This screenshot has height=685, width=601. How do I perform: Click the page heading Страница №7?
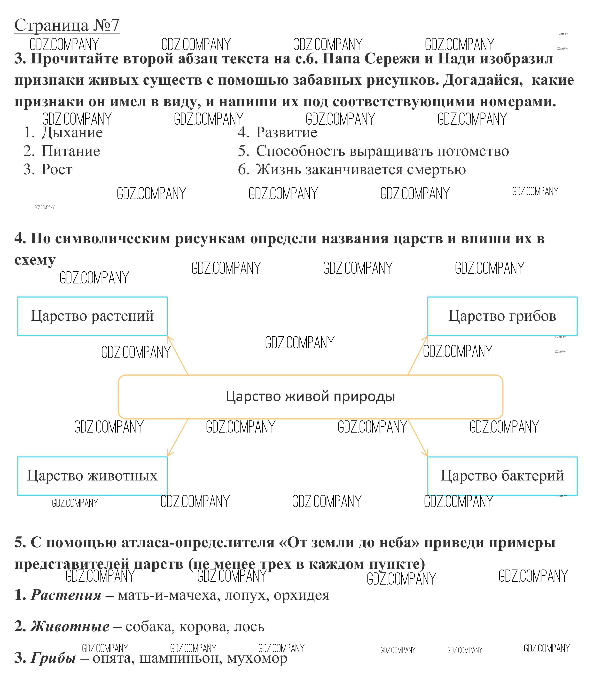tap(67, 25)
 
